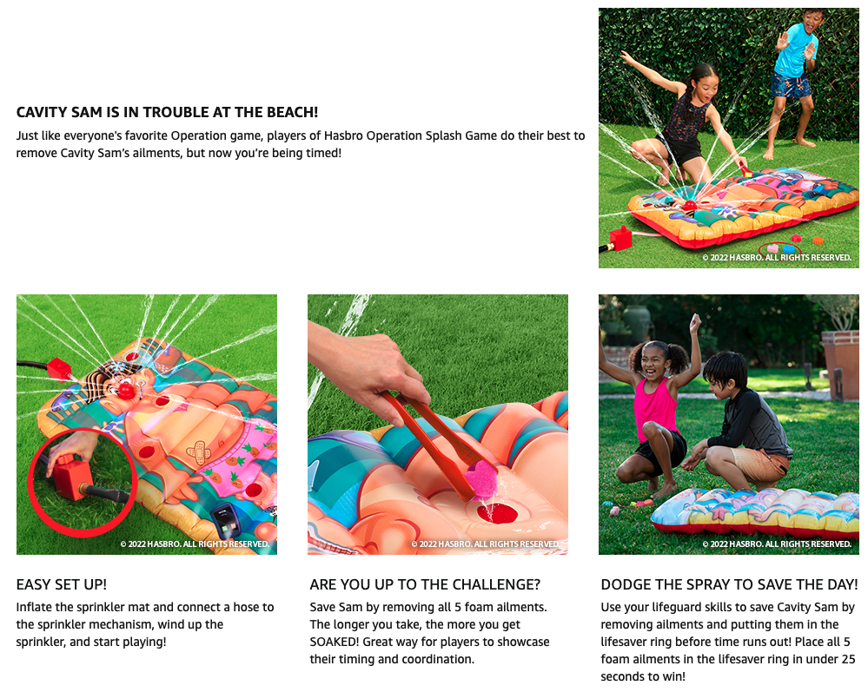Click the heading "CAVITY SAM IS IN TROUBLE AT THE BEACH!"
coord(167,112)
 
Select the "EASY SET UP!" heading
coord(62,584)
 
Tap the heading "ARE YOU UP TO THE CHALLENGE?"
coord(425,584)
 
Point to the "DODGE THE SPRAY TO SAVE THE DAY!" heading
coord(730,584)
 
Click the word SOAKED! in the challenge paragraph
coord(335,642)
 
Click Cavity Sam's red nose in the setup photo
coord(127,391)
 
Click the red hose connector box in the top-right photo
coord(621,239)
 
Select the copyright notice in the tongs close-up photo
coord(486,544)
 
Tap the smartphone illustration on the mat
coord(227,521)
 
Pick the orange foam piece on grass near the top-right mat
coord(818,241)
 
